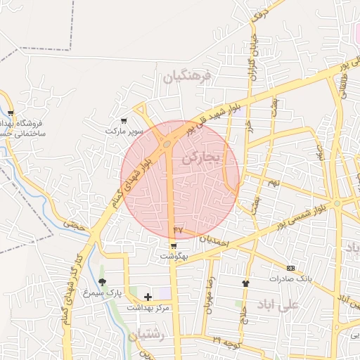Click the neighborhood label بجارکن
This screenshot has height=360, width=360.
pyautogui.click(x=201, y=157)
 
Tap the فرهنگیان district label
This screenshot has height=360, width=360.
pyautogui.click(x=187, y=77)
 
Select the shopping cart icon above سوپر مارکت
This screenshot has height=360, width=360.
pyautogui.click(x=124, y=120)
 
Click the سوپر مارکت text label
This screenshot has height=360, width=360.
pyautogui.click(x=124, y=131)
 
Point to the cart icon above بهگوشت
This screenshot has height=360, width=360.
pyautogui.click(x=174, y=245)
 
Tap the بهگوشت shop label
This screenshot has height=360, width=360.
pyautogui.click(x=174, y=257)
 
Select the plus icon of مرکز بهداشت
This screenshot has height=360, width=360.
pyautogui.click(x=148, y=297)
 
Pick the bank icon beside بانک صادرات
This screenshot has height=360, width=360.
pyautogui.click(x=291, y=268)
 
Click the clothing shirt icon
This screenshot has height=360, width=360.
pyautogui.click(x=245, y=283)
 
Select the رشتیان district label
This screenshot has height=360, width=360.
pyautogui.click(x=146, y=335)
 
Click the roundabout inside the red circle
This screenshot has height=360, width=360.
pyautogui.click(x=168, y=145)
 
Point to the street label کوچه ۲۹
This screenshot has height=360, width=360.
pyautogui.click(x=226, y=341)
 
